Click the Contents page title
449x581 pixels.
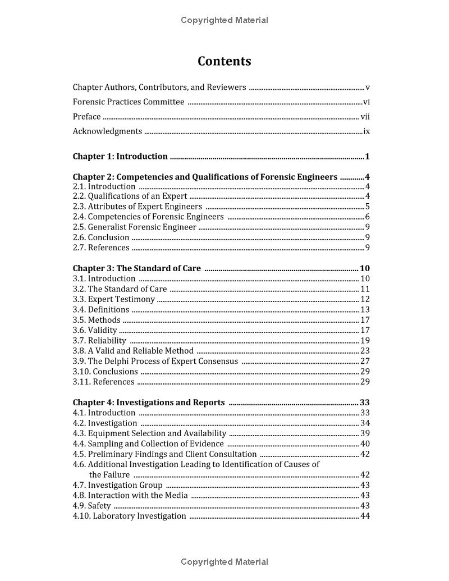[x=224, y=61]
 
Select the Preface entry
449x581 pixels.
[x=87, y=117]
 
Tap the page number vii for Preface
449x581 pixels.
[x=365, y=117]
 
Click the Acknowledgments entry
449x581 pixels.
[x=107, y=131]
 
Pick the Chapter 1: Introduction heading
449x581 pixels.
[x=120, y=157]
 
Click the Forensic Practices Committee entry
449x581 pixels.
[x=129, y=102]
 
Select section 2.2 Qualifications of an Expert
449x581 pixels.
[x=130, y=196]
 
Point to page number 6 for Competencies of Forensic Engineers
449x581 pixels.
[x=367, y=217]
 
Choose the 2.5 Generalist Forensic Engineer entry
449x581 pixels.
[x=135, y=227]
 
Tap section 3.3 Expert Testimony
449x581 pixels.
[x=113, y=299]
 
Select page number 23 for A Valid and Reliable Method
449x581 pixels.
[x=365, y=351]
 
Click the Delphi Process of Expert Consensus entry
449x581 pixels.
[x=155, y=362]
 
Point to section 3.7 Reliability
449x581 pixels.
[x=99, y=341]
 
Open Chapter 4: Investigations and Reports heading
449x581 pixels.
[x=149, y=402]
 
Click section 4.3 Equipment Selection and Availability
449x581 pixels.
[x=149, y=433]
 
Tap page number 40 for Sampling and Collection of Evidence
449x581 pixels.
[x=365, y=444]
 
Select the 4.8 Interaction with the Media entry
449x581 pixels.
[x=130, y=495]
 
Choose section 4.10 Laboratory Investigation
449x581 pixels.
[x=130, y=516]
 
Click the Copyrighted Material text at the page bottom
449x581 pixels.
[x=224, y=562]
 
